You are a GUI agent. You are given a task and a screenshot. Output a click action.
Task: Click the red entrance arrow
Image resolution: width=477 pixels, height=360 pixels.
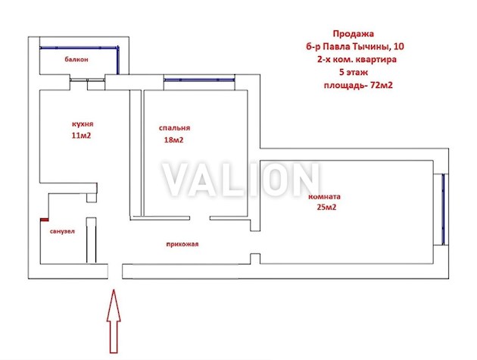click(x=114, y=321)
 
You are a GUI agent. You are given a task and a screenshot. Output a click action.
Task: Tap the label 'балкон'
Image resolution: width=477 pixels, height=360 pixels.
click(x=76, y=59)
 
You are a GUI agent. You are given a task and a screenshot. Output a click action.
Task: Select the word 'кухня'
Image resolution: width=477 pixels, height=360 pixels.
click(x=83, y=124)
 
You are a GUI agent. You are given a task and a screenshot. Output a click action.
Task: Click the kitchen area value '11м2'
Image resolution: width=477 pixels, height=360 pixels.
click(x=81, y=136)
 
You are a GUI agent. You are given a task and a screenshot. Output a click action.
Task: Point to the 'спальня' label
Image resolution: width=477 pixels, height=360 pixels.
click(x=175, y=128)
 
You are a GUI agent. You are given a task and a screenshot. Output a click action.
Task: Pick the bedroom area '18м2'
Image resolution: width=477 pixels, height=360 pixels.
click(x=173, y=140)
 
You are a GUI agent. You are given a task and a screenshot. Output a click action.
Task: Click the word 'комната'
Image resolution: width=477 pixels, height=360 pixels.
click(x=324, y=197)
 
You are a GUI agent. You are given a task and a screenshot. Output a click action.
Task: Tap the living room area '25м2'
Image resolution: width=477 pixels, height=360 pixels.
click(x=326, y=208)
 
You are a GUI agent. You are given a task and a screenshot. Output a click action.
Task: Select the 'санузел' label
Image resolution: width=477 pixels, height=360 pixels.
click(x=62, y=231)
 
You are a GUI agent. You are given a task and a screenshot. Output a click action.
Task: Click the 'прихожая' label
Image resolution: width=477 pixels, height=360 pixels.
click(x=182, y=244)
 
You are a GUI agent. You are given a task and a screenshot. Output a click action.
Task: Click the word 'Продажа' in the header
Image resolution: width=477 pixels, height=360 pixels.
click(x=353, y=33)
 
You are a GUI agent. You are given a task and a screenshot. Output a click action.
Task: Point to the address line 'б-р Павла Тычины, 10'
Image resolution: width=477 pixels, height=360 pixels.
click(x=355, y=46)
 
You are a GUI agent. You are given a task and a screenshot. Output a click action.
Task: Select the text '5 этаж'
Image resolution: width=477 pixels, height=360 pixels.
click(x=354, y=73)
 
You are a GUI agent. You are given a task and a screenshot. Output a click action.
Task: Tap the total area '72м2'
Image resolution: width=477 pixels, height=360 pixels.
click(x=382, y=86)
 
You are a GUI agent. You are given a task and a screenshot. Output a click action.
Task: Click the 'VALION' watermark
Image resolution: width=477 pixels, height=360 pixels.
click(x=241, y=180)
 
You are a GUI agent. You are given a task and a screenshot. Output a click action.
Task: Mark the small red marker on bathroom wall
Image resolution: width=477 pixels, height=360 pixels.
click(x=45, y=220)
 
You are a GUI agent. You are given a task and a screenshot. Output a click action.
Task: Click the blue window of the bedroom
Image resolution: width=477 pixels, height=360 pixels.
click(x=199, y=80)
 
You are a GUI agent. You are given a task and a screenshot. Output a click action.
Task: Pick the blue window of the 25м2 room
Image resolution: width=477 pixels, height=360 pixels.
click(x=443, y=209)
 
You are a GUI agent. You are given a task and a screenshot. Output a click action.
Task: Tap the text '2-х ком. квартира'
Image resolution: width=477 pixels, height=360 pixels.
click(x=357, y=59)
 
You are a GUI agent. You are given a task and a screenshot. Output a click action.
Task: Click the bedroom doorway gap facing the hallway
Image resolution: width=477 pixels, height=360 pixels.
click(x=200, y=218)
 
